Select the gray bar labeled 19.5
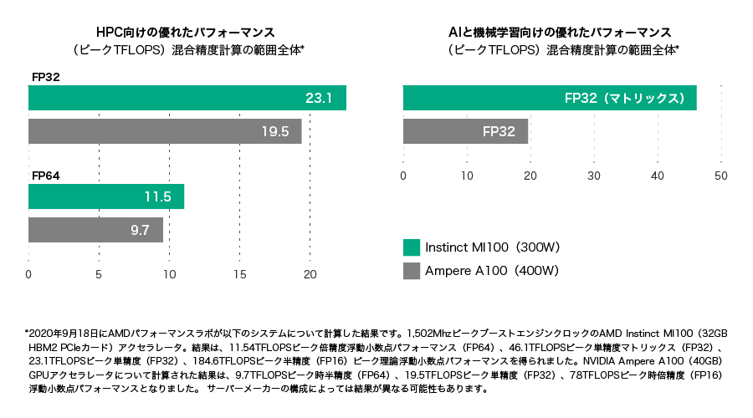165,131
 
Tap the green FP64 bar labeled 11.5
106,196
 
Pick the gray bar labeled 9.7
95,229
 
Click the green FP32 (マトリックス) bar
550,98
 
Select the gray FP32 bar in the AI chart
465,131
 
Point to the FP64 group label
45,176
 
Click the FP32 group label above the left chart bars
45,77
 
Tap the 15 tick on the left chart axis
240,274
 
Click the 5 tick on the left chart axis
99,274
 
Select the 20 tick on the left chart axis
310,274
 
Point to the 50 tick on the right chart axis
720,176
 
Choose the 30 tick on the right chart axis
594,176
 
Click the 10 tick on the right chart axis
467,176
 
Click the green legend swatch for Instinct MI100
411,247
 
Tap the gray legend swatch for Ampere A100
411,271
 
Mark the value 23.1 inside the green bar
319,98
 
